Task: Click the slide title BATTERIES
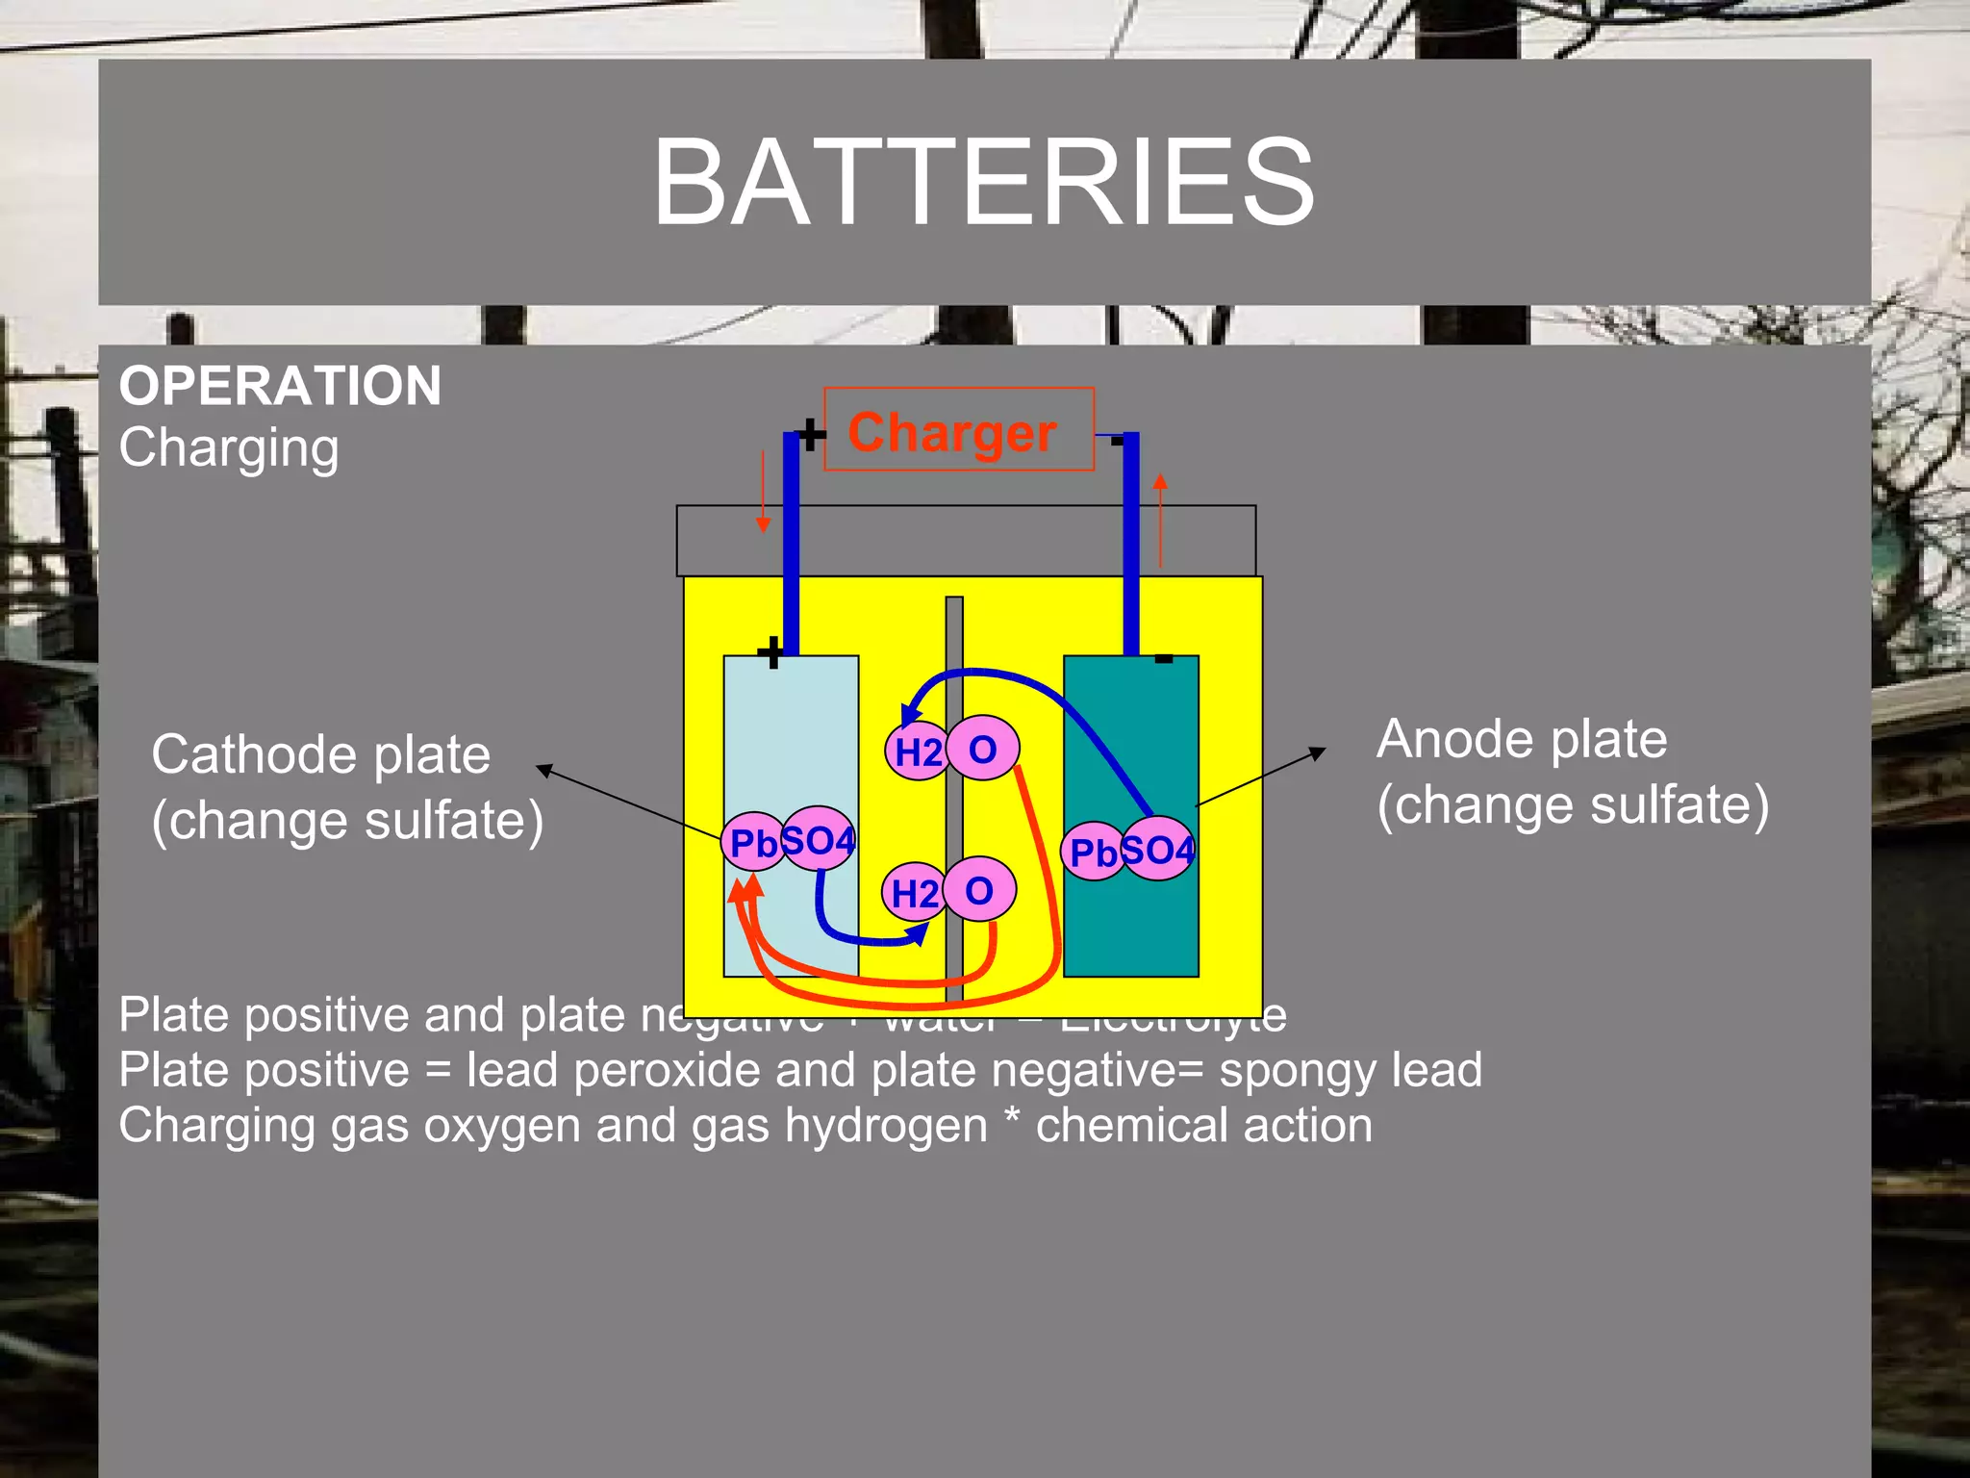983,183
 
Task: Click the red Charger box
958,430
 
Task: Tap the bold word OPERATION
280,386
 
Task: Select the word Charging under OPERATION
229,448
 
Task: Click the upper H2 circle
917,751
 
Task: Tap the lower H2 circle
913,892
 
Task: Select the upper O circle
983,748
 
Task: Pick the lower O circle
979,889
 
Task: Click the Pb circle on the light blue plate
752,843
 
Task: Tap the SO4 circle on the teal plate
1158,849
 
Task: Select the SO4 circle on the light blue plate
819,839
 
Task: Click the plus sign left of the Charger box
811,435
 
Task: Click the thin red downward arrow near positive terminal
763,492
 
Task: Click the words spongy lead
1351,1070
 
